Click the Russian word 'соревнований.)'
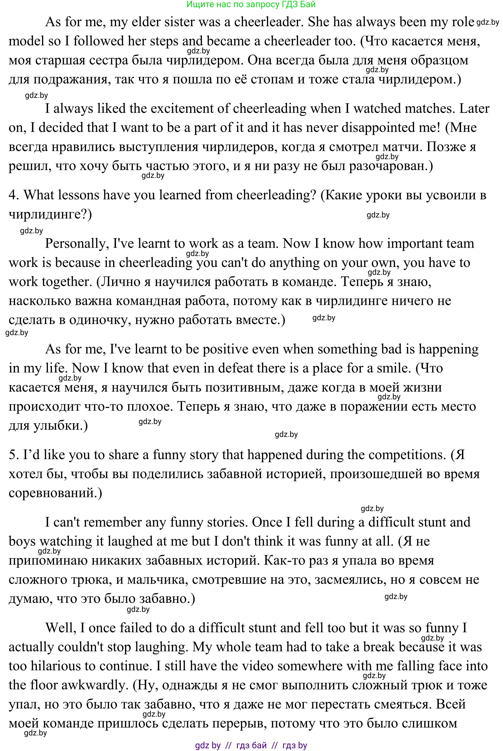click(55, 493)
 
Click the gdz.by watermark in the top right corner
click(488, 22)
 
